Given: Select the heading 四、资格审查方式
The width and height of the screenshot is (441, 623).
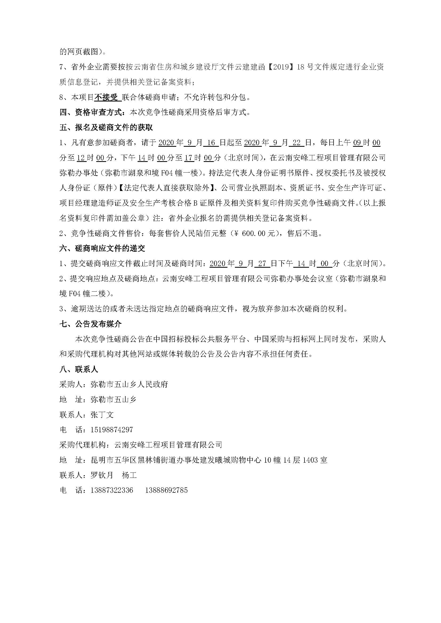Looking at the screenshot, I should (x=92, y=112).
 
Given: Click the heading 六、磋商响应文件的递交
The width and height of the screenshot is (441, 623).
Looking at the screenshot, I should (x=102, y=248).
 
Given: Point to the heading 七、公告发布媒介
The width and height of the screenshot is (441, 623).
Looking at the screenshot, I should (x=90, y=324).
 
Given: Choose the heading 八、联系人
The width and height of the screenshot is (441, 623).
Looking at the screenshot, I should (x=79, y=369).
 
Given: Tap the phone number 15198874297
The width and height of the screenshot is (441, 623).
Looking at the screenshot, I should (x=112, y=430).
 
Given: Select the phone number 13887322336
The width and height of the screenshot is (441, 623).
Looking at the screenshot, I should (x=112, y=490).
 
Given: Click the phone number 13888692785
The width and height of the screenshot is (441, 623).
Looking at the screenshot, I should (x=166, y=490).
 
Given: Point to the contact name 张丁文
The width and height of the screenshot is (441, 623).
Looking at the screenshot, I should (x=102, y=415).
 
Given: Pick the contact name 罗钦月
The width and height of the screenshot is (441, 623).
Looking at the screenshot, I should (x=102, y=475).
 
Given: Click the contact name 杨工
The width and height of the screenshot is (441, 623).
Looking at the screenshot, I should (x=129, y=475).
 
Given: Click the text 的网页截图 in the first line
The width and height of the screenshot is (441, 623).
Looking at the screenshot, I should (x=78, y=52).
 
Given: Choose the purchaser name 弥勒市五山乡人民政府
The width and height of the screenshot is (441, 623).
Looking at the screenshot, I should (x=129, y=384).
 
